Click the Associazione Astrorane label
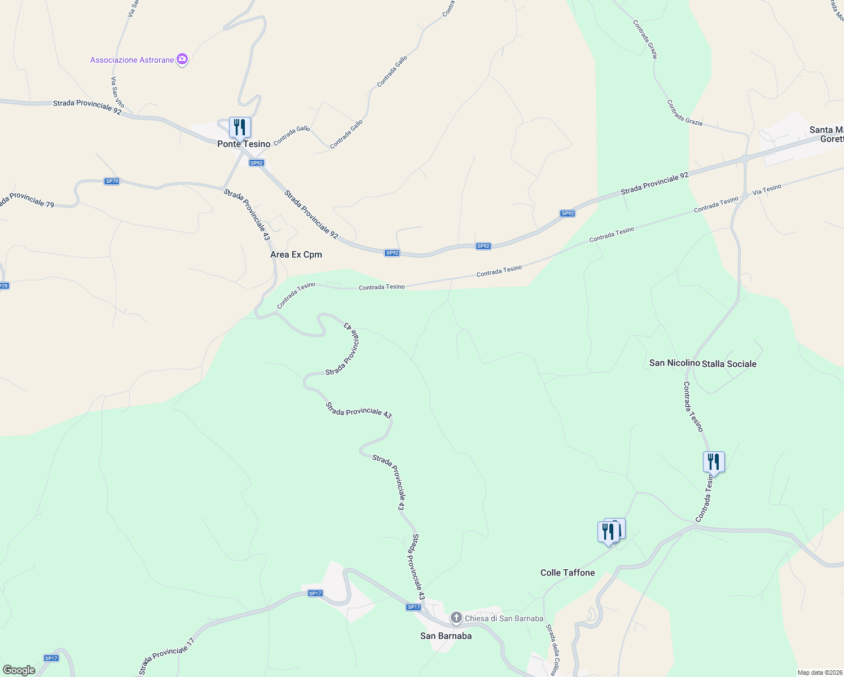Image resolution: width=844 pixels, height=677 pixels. click(132, 60)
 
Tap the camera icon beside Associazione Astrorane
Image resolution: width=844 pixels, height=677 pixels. click(182, 59)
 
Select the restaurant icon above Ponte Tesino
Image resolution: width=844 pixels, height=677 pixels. click(240, 128)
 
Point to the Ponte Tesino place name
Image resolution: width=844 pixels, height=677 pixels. click(244, 144)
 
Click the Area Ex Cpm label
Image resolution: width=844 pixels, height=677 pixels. click(296, 254)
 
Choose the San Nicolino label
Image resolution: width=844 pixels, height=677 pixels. click(674, 363)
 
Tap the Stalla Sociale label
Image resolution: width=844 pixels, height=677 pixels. click(729, 364)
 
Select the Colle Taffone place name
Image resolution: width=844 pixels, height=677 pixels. click(568, 573)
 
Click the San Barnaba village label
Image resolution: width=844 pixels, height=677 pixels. click(446, 636)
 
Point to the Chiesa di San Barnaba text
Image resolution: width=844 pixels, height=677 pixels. click(504, 618)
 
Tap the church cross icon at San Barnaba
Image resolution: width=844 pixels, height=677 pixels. click(456, 618)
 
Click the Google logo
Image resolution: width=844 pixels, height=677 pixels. click(19, 670)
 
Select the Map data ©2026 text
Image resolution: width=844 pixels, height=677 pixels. click(819, 672)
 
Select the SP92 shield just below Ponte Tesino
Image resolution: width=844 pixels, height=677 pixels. click(256, 163)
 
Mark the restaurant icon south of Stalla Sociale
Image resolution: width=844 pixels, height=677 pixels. click(714, 462)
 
